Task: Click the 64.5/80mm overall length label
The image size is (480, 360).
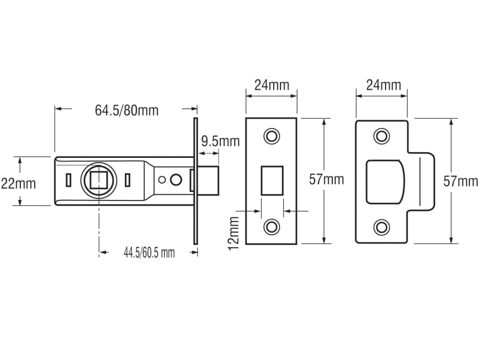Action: coord(126,110)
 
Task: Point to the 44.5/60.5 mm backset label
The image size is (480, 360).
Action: coord(149,253)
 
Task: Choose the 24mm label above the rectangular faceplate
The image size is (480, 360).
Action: coord(271,85)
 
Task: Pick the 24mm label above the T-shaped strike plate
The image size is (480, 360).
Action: coord(382,85)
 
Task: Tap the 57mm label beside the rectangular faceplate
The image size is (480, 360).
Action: coord(326,180)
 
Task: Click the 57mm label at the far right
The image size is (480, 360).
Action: coord(461,181)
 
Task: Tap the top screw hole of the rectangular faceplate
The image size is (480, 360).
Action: coord(272,136)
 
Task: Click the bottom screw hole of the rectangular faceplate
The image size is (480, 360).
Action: coord(272,227)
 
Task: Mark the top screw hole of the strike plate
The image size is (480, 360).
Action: coord(381,136)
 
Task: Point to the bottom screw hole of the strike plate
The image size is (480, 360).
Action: coord(381,227)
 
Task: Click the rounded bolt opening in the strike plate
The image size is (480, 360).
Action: coord(385,181)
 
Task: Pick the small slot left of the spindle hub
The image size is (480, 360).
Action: coord(68,180)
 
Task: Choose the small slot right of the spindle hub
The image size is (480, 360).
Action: coord(127,180)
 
